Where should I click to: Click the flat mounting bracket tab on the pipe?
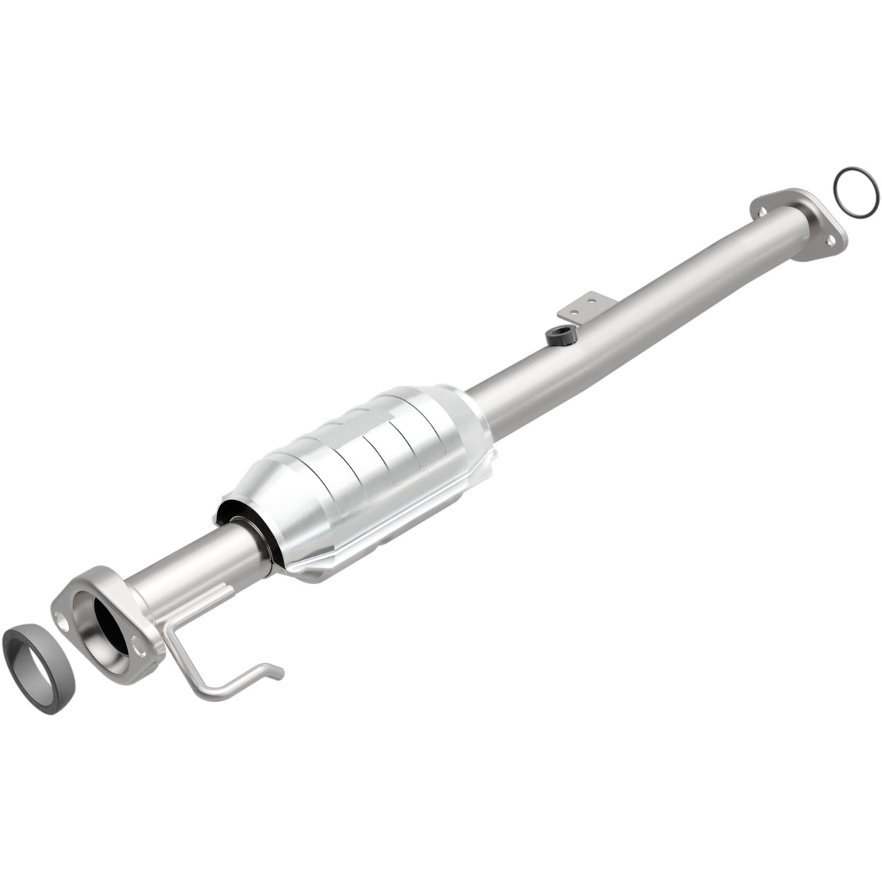(x=579, y=304)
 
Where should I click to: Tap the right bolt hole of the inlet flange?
(x=136, y=642)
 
